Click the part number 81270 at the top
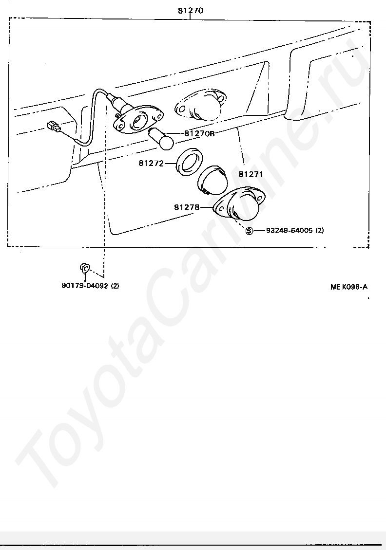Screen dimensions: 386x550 pos(190,10)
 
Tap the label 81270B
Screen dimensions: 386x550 pos(199,133)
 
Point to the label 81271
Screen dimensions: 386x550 pos(251,174)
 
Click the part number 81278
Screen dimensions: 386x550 pos(186,207)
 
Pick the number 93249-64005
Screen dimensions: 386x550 pos(289,230)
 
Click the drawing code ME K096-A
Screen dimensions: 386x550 pos(348,287)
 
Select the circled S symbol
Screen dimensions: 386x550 pos(249,231)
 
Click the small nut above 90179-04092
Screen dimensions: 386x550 pos(84,267)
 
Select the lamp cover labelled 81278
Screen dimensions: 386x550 pos(238,204)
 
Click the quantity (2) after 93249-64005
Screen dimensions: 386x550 pos(320,230)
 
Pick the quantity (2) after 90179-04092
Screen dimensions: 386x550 pos(115,286)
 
